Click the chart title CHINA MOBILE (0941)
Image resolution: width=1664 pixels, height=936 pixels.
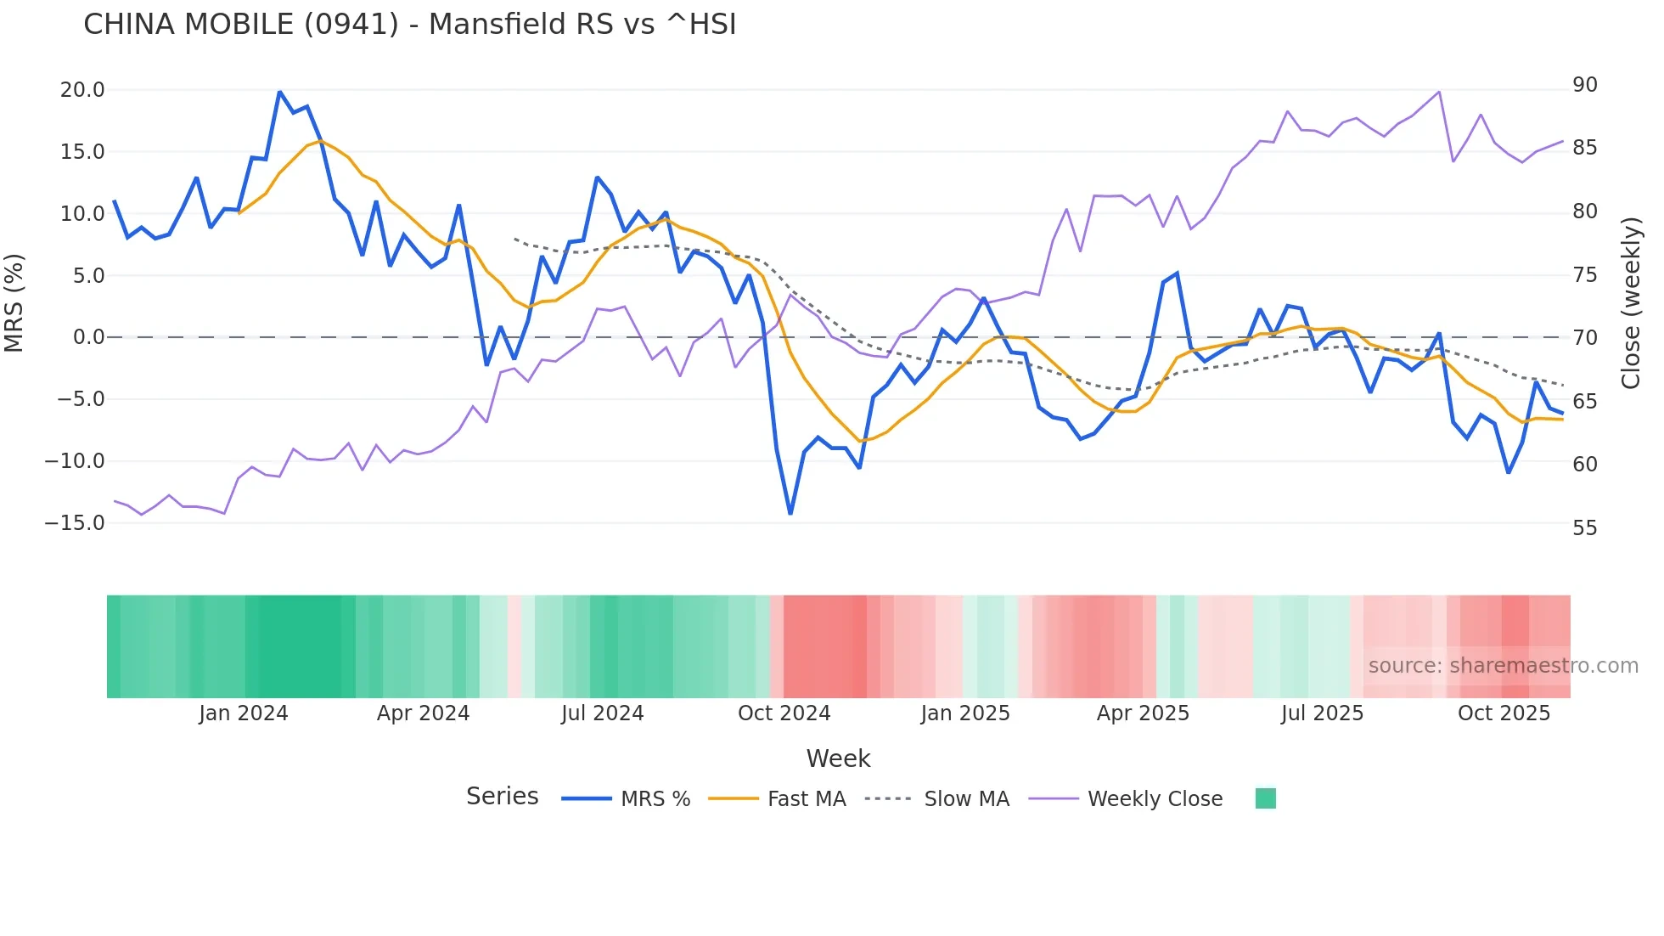409,25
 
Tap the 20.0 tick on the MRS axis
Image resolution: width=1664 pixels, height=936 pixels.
82,90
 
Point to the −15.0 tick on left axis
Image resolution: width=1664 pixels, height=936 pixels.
75,523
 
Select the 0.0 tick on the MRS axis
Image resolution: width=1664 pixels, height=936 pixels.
88,337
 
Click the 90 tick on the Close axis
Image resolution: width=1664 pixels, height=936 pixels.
1584,85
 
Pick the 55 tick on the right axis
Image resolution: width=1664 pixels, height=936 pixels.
1584,528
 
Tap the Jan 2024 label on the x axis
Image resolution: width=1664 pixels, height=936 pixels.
244,713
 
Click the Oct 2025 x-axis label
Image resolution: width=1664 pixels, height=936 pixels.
1504,713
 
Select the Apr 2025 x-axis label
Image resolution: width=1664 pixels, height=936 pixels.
1143,713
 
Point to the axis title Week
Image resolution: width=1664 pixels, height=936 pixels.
838,758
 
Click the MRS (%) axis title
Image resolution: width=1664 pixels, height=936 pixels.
14,303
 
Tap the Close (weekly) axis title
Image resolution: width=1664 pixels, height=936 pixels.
1631,303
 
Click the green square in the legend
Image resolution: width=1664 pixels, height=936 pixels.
1265,798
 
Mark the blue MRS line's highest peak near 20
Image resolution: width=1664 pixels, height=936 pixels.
279,92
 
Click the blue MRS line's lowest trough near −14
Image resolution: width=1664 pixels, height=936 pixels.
790,513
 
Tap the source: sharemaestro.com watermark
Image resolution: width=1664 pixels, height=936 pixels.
1503,666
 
